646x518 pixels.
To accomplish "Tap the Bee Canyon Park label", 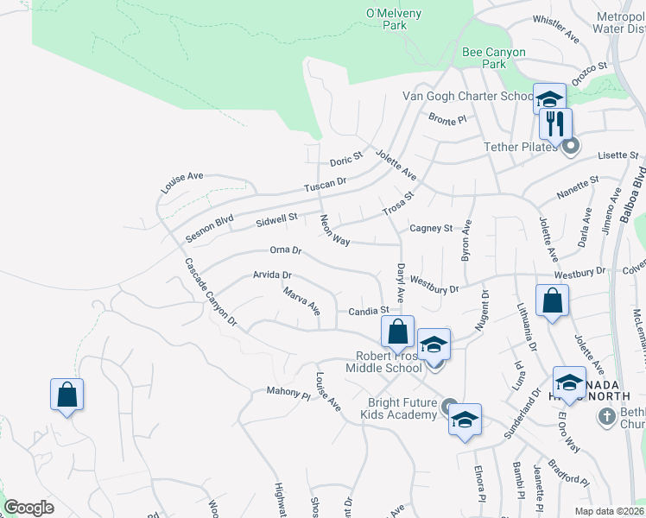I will click(494, 58).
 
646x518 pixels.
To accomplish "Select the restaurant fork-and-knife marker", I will click(555, 123).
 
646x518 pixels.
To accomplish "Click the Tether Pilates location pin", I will click(569, 147).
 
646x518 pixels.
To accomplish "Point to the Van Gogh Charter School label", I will click(467, 97).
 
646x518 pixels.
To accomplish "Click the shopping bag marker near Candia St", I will click(396, 331).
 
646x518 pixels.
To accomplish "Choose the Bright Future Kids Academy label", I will click(402, 408).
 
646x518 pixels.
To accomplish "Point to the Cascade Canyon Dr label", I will click(210, 292).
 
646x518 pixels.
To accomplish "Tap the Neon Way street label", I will click(334, 230).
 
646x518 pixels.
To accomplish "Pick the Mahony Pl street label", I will click(288, 394).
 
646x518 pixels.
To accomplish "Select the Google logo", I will click(28, 507).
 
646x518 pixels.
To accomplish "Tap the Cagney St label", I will click(431, 228).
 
